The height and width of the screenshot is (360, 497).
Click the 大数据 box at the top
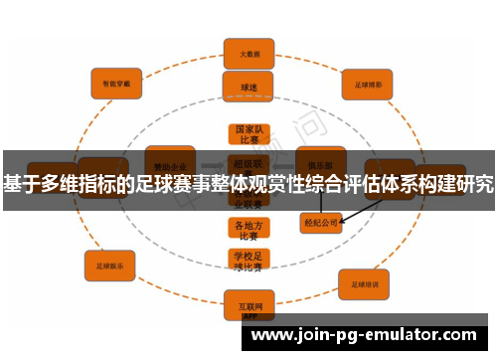point(248,54)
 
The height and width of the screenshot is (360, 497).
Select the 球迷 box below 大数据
point(248,87)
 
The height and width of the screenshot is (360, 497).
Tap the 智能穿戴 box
point(117,84)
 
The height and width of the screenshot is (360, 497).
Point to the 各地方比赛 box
point(247,230)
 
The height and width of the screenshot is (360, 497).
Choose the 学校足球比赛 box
point(247,261)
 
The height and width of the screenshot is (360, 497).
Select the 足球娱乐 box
point(109,266)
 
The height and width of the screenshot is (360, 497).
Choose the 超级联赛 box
point(247,163)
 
